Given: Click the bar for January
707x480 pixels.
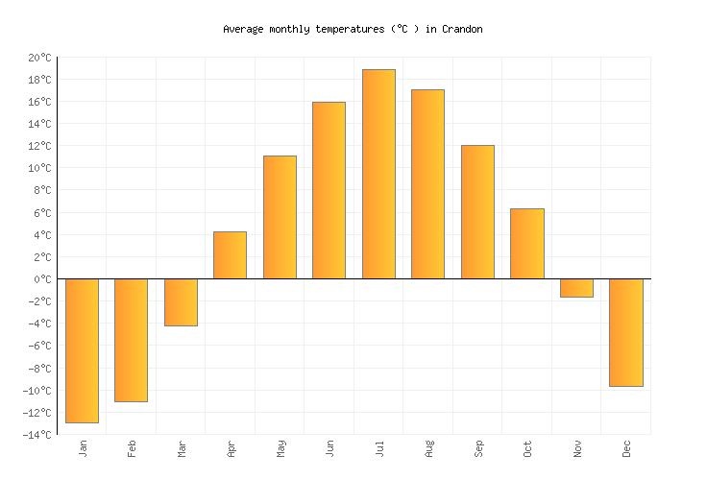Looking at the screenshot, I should point(82,350).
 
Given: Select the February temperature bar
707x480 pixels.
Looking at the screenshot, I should point(131,340).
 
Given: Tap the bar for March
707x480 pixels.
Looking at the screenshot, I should point(181,302).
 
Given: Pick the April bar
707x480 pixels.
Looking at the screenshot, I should point(230,255).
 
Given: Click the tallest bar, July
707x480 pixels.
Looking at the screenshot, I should point(378,174).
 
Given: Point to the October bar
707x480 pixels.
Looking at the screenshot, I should point(526,244).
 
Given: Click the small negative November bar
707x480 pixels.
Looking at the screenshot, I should point(576,288).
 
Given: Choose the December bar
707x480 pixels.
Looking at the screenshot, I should point(625,332).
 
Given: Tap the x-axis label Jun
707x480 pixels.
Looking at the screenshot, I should point(329,448).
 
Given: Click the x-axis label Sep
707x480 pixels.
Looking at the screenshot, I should point(477,448).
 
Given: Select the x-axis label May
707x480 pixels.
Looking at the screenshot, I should point(280,448).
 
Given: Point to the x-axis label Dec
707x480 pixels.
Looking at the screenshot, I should point(626,448).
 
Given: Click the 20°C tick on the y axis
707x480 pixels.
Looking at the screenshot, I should point(38,58).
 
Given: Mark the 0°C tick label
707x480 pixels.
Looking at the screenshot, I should point(41,279).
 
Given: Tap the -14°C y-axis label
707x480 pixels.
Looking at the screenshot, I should point(37,435).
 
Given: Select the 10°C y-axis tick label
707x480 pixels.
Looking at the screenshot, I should point(38,169).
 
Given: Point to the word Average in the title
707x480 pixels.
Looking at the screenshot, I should point(244,29).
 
